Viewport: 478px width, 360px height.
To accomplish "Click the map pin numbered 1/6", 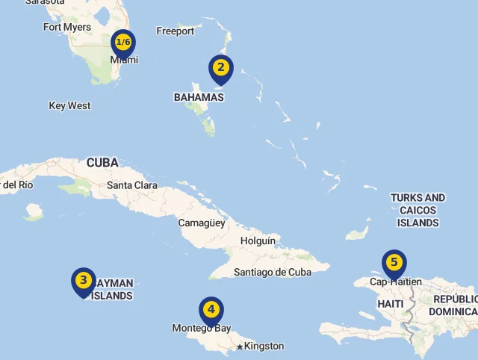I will pyautogui.click(x=123, y=43).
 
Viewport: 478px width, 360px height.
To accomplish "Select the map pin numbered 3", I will pyautogui.click(x=83, y=281).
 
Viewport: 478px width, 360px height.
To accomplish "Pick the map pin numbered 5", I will pyautogui.click(x=394, y=262).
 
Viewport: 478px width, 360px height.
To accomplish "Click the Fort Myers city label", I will pyautogui.click(x=67, y=28).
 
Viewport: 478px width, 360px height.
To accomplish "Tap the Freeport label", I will pyautogui.click(x=176, y=31).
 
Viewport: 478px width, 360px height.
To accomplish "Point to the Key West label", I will pyautogui.click(x=69, y=106).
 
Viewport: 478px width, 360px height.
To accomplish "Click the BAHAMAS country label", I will pyautogui.click(x=199, y=97).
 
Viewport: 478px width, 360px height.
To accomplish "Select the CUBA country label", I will pyautogui.click(x=102, y=162).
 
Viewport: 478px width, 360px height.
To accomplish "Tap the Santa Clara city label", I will pyautogui.click(x=132, y=185).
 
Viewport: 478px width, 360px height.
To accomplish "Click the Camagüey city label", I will pyautogui.click(x=202, y=223).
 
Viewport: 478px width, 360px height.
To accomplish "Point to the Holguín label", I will pyautogui.click(x=258, y=241).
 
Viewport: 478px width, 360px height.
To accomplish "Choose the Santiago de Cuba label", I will pyautogui.click(x=273, y=273).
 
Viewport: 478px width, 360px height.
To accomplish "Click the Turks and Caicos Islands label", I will pyautogui.click(x=418, y=211).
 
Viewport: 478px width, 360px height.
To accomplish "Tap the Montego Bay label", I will pyautogui.click(x=202, y=329).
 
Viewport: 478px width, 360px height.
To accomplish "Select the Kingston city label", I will pyautogui.click(x=264, y=346).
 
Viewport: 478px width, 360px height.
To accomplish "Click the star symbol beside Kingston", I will pyautogui.click(x=240, y=347).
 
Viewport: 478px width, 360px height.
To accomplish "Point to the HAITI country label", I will pyautogui.click(x=391, y=304).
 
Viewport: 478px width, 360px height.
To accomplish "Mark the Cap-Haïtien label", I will pyautogui.click(x=396, y=282).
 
